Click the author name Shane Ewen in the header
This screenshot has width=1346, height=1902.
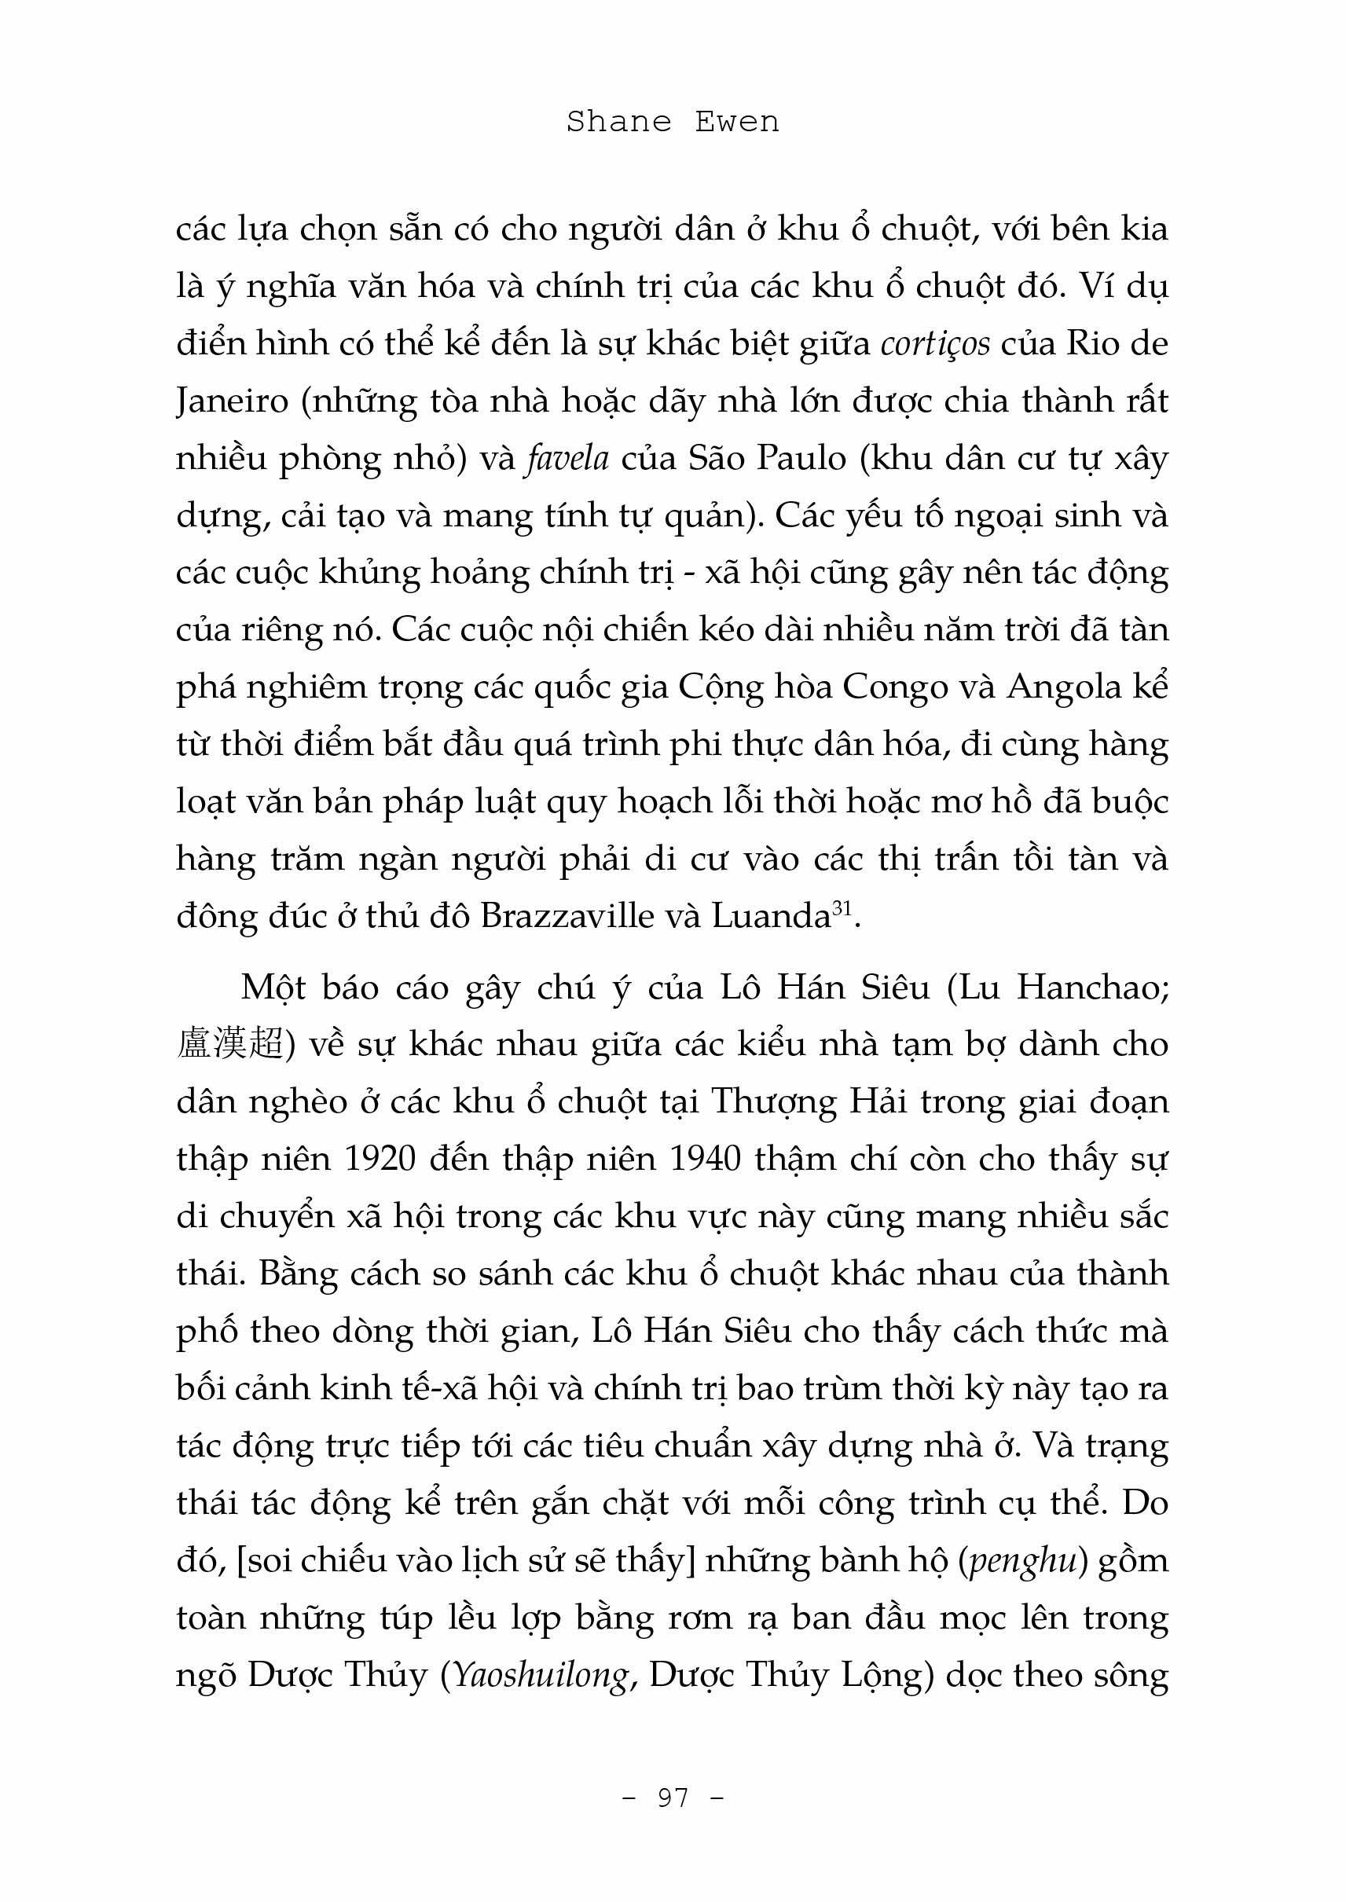672,123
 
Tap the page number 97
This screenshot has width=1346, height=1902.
673,1797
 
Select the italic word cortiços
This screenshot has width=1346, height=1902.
935,344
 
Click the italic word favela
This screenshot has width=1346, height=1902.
568,458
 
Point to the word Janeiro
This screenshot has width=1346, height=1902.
232,402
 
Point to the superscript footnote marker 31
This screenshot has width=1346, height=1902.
842,908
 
